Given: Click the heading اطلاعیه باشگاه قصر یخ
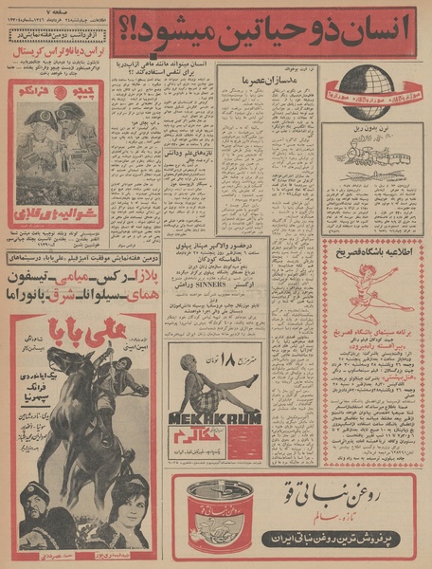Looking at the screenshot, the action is tap(370, 248).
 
